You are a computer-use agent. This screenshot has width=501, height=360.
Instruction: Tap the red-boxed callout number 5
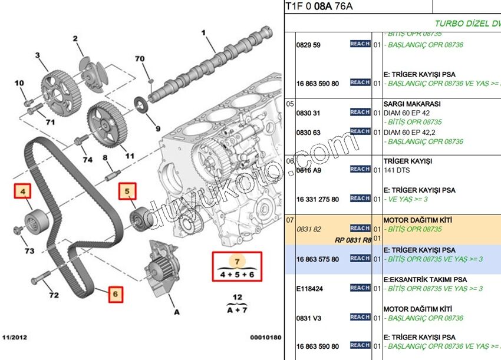click(x=126, y=190)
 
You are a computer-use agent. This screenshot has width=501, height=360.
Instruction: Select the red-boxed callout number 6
click(x=115, y=293)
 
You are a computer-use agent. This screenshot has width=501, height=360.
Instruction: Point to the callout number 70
click(x=140, y=59)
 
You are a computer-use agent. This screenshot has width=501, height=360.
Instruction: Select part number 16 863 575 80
click(x=318, y=259)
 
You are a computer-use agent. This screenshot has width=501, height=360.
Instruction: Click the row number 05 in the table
click(x=290, y=104)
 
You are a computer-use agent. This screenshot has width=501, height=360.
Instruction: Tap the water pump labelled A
click(x=158, y=274)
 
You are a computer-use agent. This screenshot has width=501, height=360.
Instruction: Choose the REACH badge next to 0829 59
click(x=360, y=44)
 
